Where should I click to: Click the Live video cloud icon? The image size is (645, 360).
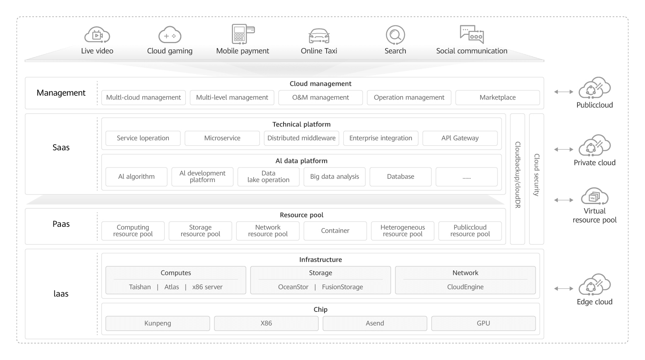(97, 35)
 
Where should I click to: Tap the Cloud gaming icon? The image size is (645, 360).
(170, 35)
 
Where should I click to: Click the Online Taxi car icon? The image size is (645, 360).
(319, 36)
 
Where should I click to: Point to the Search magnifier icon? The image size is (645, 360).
(395, 35)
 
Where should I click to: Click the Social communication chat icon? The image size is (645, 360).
(472, 34)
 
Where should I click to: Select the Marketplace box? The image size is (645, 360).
(497, 97)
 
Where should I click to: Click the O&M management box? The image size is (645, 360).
(320, 97)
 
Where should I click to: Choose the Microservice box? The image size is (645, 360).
(222, 138)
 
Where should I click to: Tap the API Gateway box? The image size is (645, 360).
(460, 138)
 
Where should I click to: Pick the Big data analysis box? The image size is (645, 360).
(335, 177)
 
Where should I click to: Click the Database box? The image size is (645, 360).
(400, 177)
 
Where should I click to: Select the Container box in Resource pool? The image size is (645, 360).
(335, 231)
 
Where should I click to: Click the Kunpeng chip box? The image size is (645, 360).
(158, 324)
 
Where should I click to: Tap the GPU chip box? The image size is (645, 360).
(483, 324)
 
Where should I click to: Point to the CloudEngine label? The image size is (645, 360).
(465, 287)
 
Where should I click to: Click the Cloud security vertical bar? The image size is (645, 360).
(536, 179)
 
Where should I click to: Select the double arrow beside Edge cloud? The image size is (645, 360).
(564, 289)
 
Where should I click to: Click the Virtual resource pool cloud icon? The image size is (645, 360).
(594, 196)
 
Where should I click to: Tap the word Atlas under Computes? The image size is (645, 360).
(172, 287)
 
